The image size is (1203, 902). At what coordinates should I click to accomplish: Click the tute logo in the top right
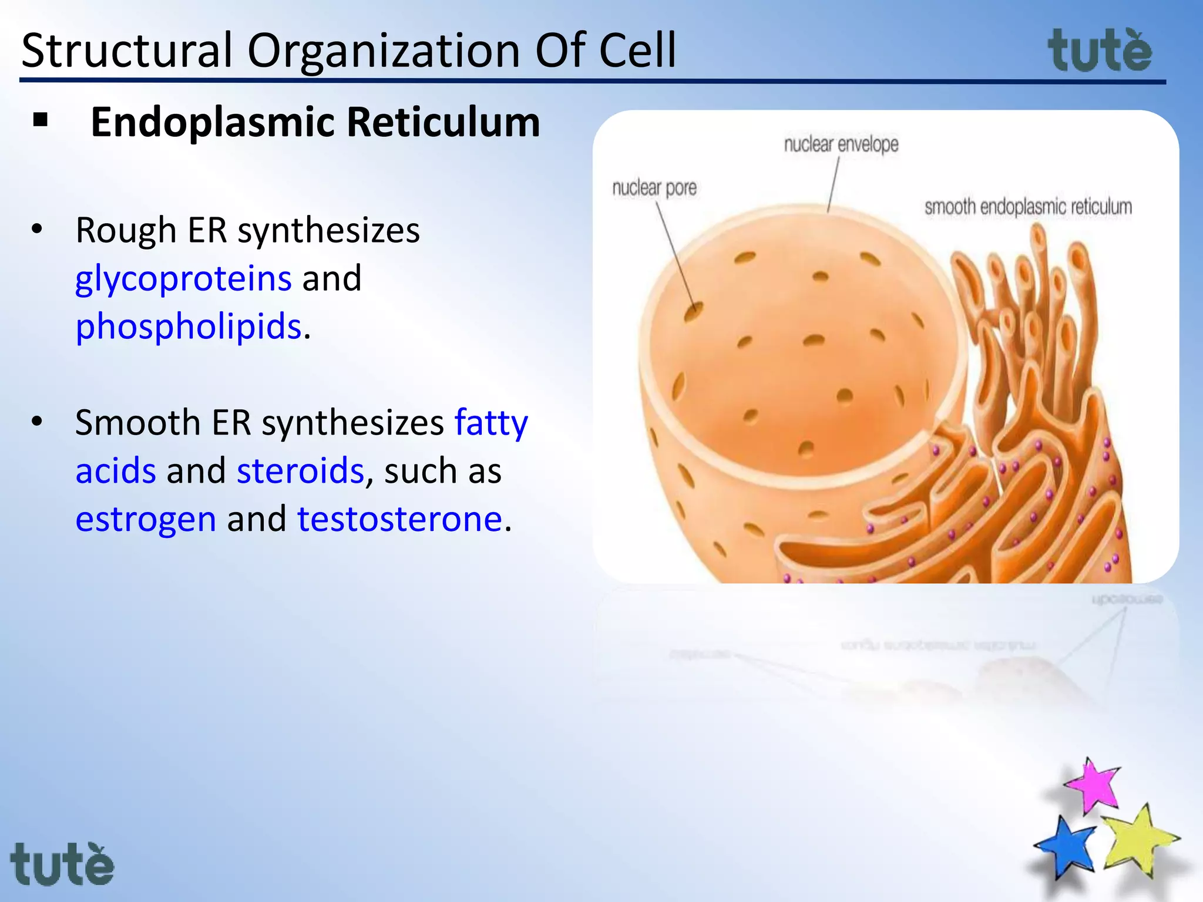point(1100,52)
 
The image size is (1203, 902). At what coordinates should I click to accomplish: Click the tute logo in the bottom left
point(62,864)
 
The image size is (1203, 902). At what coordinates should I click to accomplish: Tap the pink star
point(1093,786)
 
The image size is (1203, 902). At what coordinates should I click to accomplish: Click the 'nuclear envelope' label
point(841,144)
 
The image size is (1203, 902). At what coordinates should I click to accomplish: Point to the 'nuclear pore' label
point(654,189)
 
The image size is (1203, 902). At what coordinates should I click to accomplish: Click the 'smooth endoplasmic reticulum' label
point(1028,207)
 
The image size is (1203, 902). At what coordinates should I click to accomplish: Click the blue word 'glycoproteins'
point(183,278)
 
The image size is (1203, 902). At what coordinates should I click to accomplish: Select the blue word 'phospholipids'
point(189,327)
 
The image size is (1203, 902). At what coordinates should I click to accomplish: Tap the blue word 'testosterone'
point(399,519)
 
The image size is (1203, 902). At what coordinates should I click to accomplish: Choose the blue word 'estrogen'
point(146,519)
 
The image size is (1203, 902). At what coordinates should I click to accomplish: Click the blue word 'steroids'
point(300,471)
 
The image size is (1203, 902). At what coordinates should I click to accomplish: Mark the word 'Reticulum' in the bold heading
point(443,123)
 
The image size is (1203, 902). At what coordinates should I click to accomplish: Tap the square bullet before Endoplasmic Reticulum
point(41,121)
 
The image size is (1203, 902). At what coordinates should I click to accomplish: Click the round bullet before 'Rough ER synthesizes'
point(37,230)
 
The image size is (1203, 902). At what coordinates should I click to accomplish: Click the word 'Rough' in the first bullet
point(126,230)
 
